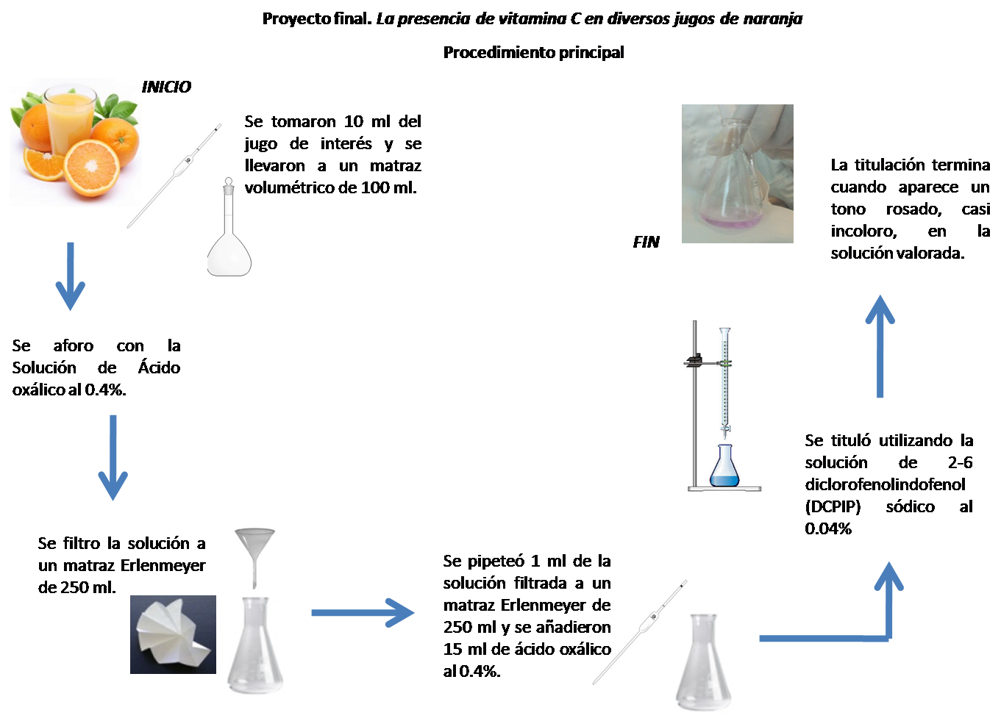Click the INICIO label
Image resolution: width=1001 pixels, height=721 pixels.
pyautogui.click(x=166, y=87)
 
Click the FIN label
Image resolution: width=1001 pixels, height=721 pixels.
pyautogui.click(x=646, y=242)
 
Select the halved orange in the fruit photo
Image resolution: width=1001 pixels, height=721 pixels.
pyautogui.click(x=92, y=168)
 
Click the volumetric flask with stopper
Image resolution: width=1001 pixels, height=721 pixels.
pyautogui.click(x=229, y=227)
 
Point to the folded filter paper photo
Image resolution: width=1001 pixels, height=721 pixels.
pyautogui.click(x=173, y=634)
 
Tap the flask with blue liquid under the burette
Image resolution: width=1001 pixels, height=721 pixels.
pyautogui.click(x=724, y=466)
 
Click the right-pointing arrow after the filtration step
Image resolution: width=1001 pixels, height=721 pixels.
pyautogui.click(x=363, y=613)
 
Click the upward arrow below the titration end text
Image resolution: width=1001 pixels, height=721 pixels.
pyautogui.click(x=880, y=346)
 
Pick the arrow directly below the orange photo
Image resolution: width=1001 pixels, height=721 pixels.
pyautogui.click(x=70, y=276)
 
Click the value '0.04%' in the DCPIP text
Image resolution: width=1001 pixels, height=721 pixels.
pyautogui.click(x=828, y=528)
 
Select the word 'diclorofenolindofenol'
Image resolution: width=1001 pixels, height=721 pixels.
pyautogui.click(x=885, y=484)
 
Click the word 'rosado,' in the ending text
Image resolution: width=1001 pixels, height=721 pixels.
pyautogui.click(x=914, y=209)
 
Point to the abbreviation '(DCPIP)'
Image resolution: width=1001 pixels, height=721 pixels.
pyautogui.click(x=833, y=506)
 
